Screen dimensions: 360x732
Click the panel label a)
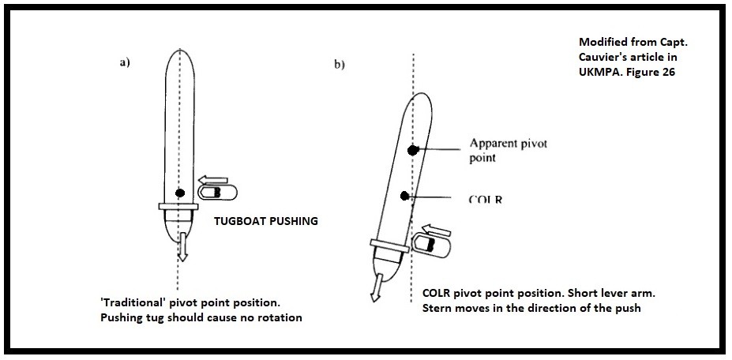(x=125, y=64)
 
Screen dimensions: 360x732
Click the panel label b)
(x=339, y=65)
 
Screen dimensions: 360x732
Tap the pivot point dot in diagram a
(x=180, y=193)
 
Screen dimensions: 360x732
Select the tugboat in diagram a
(x=214, y=193)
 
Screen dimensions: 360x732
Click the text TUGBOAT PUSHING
(x=266, y=222)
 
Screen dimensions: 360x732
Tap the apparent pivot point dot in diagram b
(x=411, y=150)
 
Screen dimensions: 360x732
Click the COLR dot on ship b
(x=405, y=195)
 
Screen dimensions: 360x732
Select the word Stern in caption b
(x=429, y=308)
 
